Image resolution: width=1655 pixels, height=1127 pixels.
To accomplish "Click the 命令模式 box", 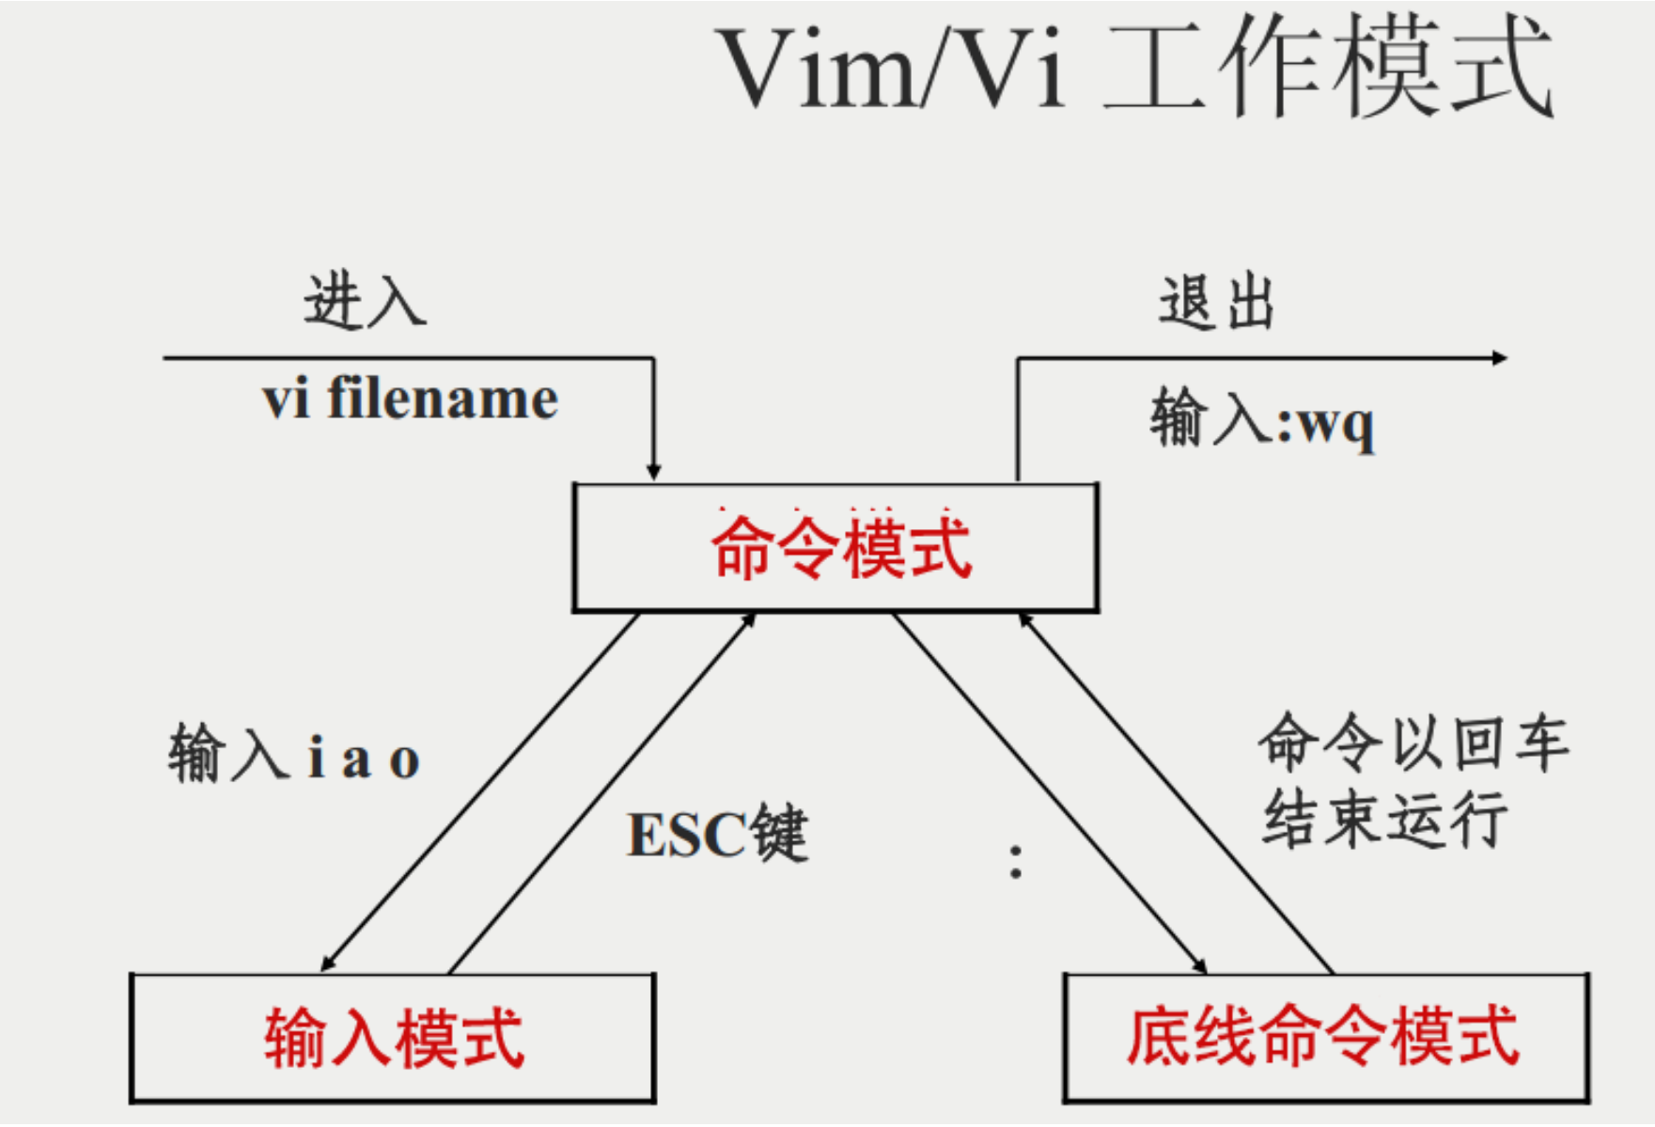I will tap(835, 548).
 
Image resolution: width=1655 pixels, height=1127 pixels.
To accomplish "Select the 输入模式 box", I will tap(393, 1038).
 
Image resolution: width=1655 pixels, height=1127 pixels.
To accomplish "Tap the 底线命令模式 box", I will tap(1325, 1037).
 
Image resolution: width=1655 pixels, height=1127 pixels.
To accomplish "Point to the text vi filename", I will tap(410, 399).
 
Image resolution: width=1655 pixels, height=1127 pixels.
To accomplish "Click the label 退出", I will tap(1216, 303).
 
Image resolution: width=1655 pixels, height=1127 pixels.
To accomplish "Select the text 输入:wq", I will tap(1262, 420).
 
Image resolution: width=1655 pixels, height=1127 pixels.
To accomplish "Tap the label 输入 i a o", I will tap(294, 754).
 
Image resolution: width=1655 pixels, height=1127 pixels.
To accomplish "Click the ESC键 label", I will tap(716, 834).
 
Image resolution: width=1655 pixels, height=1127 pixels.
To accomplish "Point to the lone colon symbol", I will tap(1015, 862).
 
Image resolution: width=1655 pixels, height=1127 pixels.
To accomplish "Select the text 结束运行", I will tap(1384, 818).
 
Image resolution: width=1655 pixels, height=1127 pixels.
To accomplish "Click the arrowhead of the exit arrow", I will tap(1500, 358).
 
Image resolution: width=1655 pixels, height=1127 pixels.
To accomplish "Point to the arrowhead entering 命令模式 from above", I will tap(653, 472).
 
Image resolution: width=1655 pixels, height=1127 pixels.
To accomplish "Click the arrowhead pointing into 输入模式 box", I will tap(328, 963).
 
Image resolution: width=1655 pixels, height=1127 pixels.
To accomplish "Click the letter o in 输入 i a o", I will tap(404, 761).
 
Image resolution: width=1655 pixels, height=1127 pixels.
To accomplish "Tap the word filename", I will tap(443, 399).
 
